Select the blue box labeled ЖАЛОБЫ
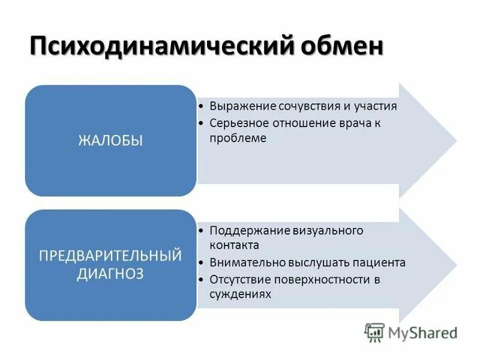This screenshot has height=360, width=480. pos(110,140)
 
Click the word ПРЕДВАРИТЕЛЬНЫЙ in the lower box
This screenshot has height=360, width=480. pos(110,256)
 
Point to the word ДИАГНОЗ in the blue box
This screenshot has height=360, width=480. pos(110,274)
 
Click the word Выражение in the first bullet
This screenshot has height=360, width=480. pos(242,106)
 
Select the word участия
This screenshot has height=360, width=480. pos(376,106)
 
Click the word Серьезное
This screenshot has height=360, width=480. pos(238,122)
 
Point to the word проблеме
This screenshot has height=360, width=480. pos(238,137)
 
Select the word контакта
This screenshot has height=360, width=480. pos(234,245)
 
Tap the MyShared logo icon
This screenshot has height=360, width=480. pos(374,332)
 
